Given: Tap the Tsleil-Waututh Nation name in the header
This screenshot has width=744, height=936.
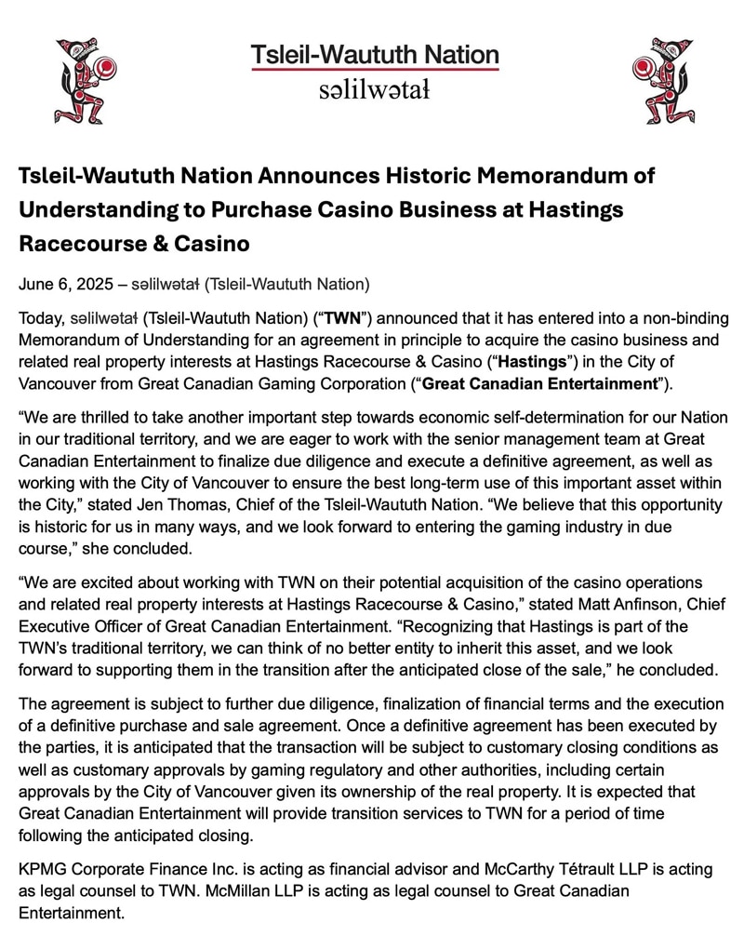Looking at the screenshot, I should pyautogui.click(x=374, y=54).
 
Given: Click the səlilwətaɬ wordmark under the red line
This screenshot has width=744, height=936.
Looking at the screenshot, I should pyautogui.click(x=374, y=90).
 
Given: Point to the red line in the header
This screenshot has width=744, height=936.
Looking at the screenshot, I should pyautogui.click(x=374, y=70).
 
